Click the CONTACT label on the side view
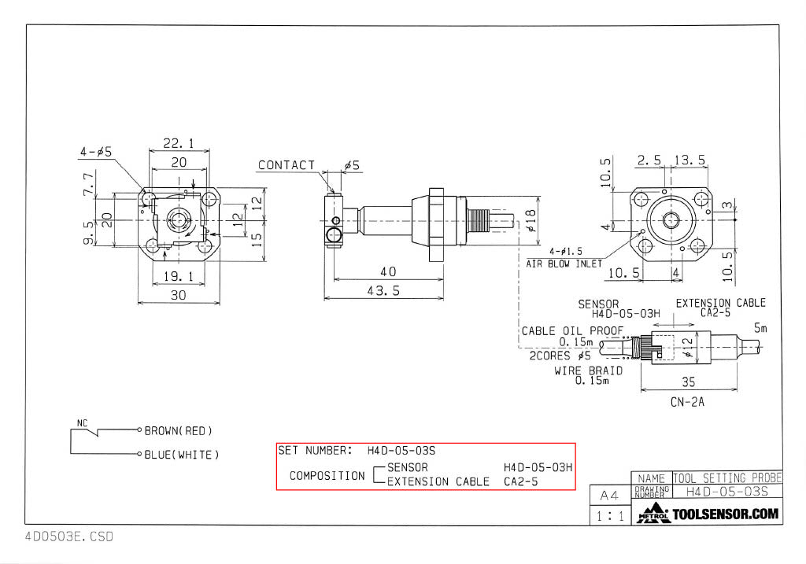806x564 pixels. pos(287,165)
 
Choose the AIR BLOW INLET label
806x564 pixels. pos(564,264)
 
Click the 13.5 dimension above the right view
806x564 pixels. pos(690,160)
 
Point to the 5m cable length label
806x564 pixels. pos(760,329)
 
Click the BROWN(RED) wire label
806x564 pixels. pos(179,431)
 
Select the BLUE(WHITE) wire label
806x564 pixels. pos(182,455)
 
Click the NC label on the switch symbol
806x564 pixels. pos(82,423)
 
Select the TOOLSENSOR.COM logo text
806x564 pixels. pos(725,514)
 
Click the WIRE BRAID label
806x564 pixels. pos(588,370)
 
